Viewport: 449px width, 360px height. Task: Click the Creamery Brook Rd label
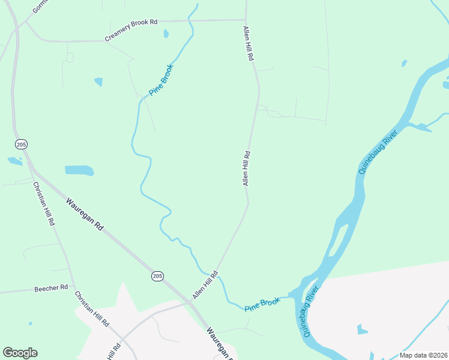tap(131, 31)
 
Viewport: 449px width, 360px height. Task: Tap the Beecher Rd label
tap(51, 288)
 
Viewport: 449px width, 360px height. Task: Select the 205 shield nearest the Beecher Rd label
tap(157, 276)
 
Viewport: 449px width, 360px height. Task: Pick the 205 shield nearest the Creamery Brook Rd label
tap(22, 145)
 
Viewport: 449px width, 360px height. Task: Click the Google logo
tap(20, 353)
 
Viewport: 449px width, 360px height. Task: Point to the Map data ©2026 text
tap(423, 355)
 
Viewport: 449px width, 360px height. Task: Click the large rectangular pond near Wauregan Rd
tap(79, 170)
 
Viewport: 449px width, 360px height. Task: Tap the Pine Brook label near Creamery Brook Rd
tap(161, 80)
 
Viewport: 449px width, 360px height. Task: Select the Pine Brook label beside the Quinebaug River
tap(262, 304)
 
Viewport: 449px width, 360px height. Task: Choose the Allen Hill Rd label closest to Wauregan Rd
tap(205, 286)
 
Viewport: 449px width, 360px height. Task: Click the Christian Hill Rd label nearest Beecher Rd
tap(92, 308)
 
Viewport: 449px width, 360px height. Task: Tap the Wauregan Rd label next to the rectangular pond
tap(85, 215)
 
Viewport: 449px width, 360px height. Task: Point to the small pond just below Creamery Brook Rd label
tap(166, 34)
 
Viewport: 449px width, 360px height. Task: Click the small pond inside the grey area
tap(361, 329)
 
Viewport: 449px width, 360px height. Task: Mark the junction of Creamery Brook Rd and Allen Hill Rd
tap(246, 20)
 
